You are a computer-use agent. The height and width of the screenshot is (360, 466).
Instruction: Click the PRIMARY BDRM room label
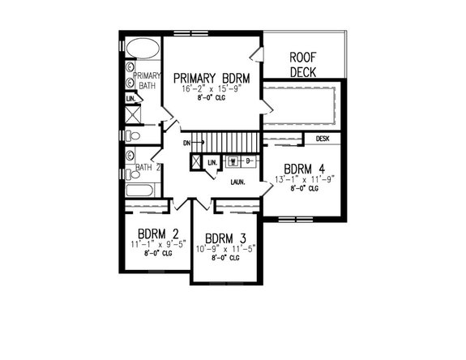(x=210, y=78)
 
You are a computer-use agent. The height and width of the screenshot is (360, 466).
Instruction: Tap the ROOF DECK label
(x=304, y=65)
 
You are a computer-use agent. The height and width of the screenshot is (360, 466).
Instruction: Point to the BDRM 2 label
(x=152, y=233)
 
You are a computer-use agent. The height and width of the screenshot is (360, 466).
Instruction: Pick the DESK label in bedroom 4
(x=323, y=139)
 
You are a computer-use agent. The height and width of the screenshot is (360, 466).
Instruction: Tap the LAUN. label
(x=238, y=182)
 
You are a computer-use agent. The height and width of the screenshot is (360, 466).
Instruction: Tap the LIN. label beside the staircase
(x=212, y=164)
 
